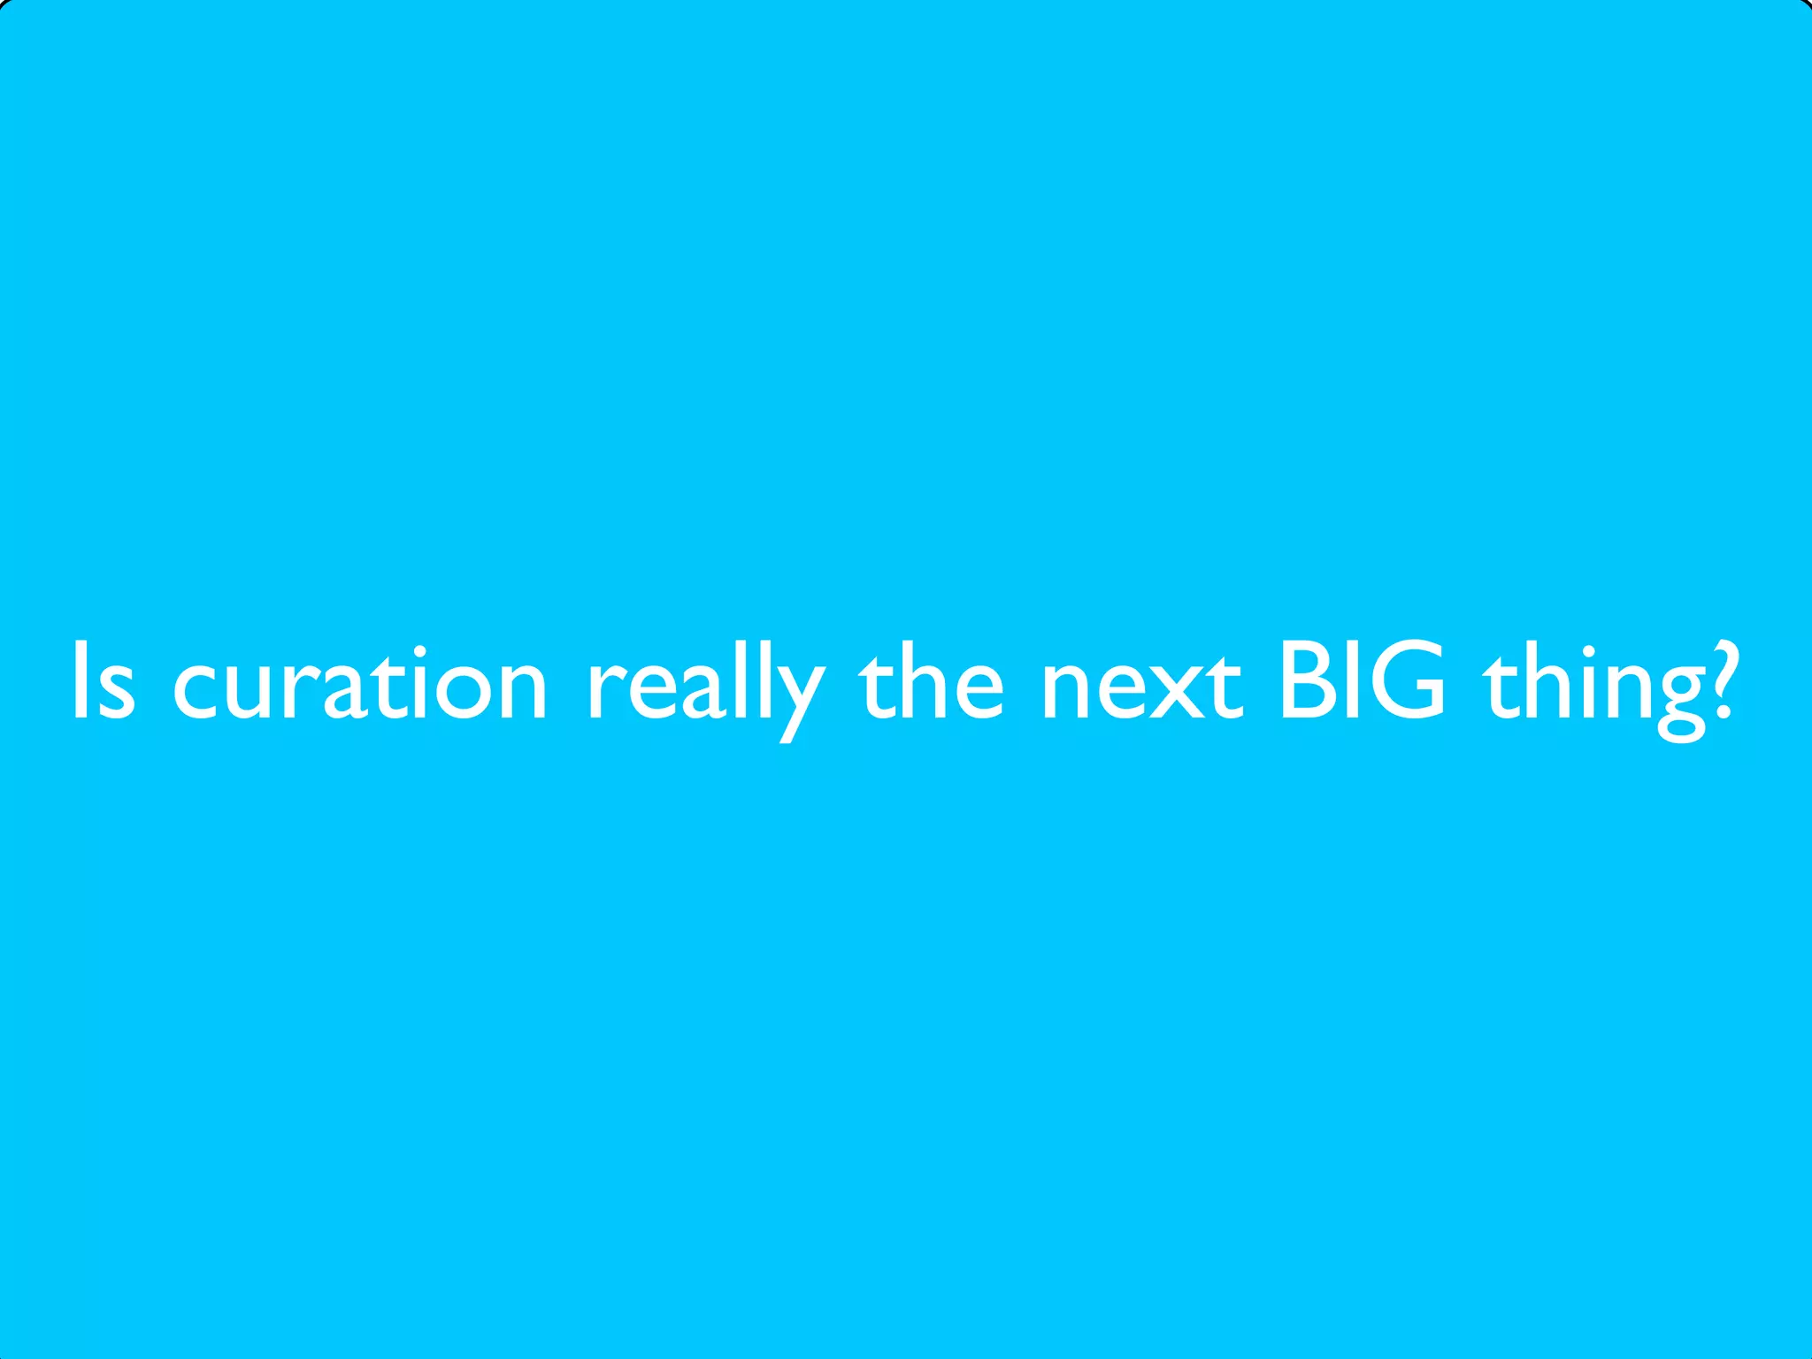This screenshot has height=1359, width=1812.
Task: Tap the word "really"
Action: point(705,686)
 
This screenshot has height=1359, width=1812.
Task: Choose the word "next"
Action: point(1142,685)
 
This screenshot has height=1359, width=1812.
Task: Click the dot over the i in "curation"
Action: point(419,652)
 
